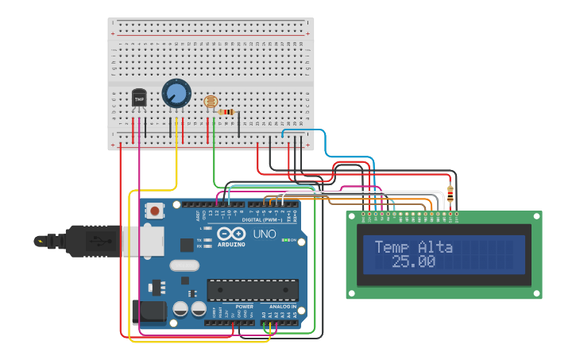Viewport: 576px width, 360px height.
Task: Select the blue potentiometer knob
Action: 176,94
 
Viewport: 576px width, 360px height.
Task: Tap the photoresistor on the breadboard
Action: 211,102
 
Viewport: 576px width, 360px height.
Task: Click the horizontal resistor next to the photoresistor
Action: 226,112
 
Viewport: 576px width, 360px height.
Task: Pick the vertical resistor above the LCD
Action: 451,192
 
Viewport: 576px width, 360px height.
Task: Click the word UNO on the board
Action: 264,234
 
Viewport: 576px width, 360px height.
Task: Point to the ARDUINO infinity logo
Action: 230,234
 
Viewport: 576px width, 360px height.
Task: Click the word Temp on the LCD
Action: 391,247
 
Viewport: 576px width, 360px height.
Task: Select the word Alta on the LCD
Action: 435,247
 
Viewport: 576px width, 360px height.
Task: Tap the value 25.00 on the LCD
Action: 413,261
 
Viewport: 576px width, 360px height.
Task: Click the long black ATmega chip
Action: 253,290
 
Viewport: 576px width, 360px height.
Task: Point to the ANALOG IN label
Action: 283,306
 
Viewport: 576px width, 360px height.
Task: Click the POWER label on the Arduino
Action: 245,306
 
